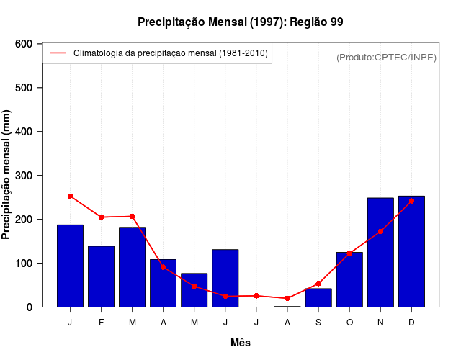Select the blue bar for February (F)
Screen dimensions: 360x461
[x=101, y=276]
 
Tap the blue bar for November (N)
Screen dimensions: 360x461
[x=380, y=252]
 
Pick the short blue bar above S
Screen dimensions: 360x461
[x=318, y=297]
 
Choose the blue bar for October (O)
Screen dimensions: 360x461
[x=349, y=279]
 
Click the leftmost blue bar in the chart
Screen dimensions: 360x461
[x=70, y=266]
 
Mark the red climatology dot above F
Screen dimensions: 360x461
[x=101, y=217]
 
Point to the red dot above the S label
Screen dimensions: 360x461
[x=318, y=283]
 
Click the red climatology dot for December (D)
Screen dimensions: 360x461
[x=411, y=201]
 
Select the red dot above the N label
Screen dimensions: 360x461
[x=380, y=231]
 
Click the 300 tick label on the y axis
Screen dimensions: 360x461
[x=24, y=176]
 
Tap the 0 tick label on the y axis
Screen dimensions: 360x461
[x=29, y=307]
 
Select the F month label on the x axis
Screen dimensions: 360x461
[x=101, y=323]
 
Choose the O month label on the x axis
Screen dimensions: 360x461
[x=349, y=323]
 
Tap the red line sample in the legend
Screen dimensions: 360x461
[x=58, y=53]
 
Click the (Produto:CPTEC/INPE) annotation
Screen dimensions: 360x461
[x=386, y=57]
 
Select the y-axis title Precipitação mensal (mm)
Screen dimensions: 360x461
[x=7, y=175]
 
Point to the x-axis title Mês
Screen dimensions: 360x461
[x=241, y=343]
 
